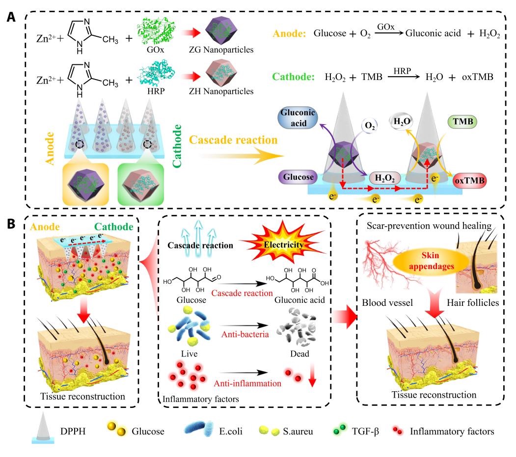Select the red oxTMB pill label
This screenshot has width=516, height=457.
click(x=470, y=181)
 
